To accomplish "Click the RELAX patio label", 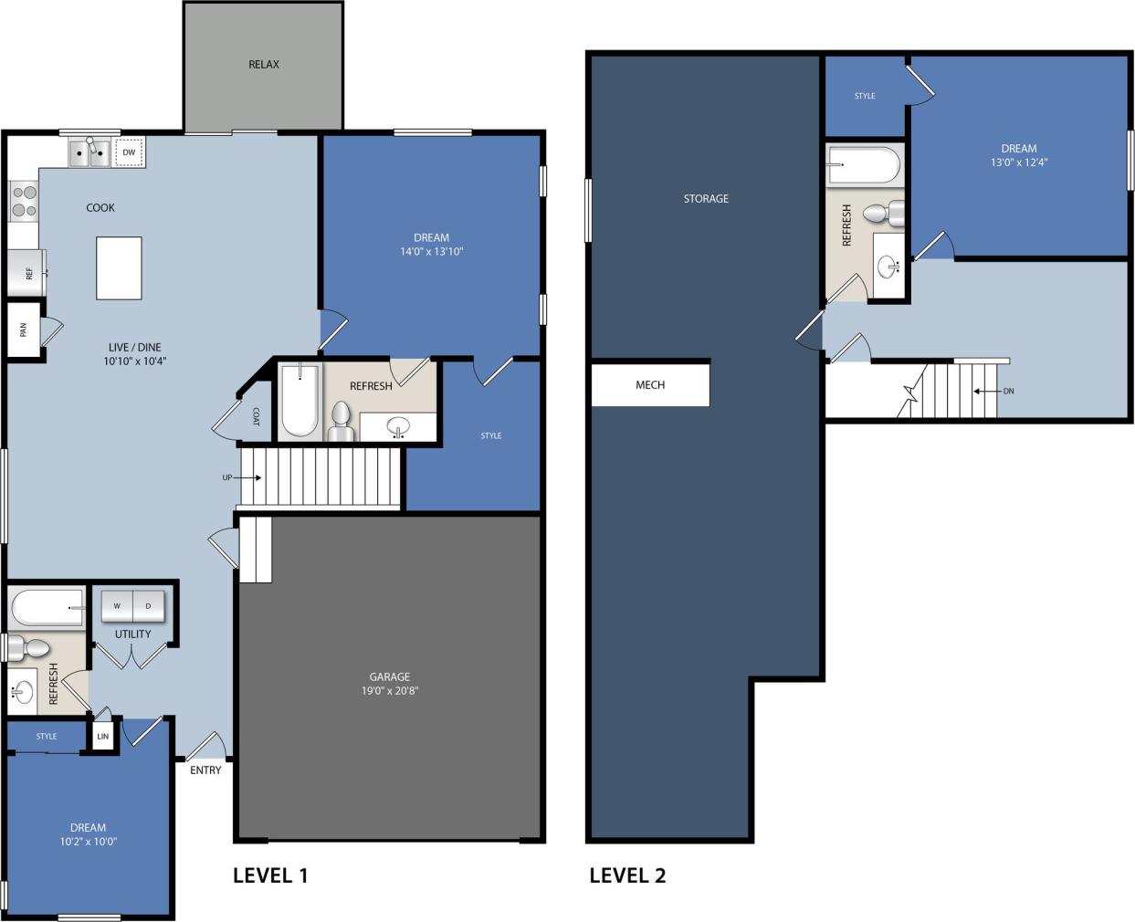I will click(264, 64).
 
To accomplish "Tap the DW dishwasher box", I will click(129, 152).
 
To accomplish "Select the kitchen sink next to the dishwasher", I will click(89, 153).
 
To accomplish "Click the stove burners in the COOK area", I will click(24, 202).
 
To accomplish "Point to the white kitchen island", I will click(119, 267).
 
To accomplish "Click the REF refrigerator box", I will click(26, 273).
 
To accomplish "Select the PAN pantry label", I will click(23, 330).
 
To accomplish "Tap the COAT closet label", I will click(256, 416).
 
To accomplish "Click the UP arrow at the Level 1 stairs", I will click(242, 477).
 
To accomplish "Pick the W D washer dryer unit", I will click(132, 606).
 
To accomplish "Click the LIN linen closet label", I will click(103, 737).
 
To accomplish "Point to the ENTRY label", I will click(205, 770).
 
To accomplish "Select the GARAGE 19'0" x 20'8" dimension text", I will click(389, 691).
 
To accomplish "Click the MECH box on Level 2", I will click(650, 384).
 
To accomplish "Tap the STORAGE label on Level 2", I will click(706, 198).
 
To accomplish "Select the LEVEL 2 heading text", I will click(627, 875).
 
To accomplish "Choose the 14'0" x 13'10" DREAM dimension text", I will click(431, 251).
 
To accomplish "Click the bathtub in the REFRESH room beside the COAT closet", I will click(300, 402).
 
